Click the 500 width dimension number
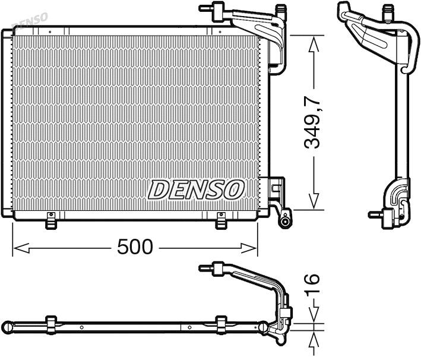(136, 247)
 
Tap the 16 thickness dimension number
(312, 286)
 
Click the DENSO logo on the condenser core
(196, 190)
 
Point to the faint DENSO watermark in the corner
(30, 21)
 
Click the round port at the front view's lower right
(286, 222)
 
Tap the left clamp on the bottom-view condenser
(51, 324)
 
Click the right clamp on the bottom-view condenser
(221, 324)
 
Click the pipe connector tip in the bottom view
(205, 267)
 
